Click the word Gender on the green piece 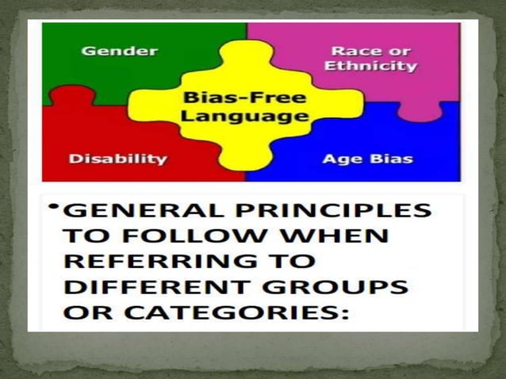pyautogui.click(x=120, y=51)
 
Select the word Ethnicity pyautogui.click(x=370, y=66)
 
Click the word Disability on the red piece pyautogui.click(x=117, y=159)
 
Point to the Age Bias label pyautogui.click(x=367, y=159)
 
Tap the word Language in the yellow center pyautogui.click(x=244, y=117)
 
